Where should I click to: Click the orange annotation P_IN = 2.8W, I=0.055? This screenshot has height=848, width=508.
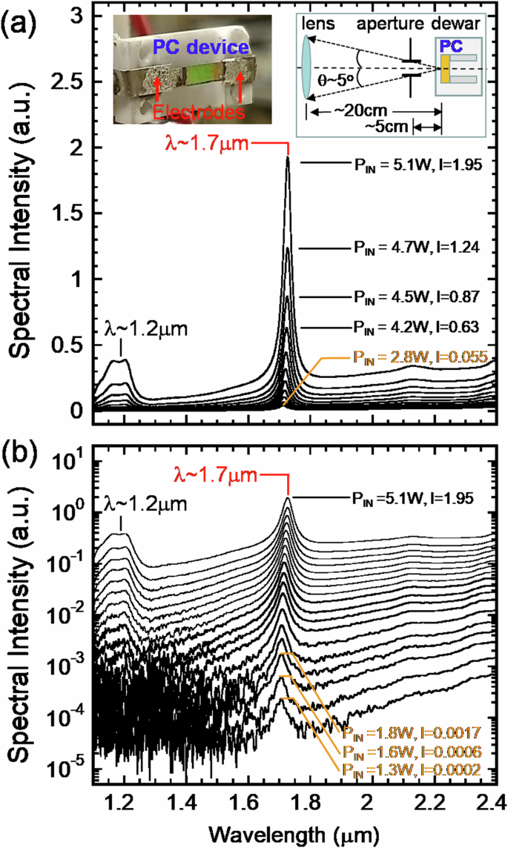pos(415,357)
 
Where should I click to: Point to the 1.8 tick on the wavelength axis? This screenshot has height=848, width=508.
pos(304,803)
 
